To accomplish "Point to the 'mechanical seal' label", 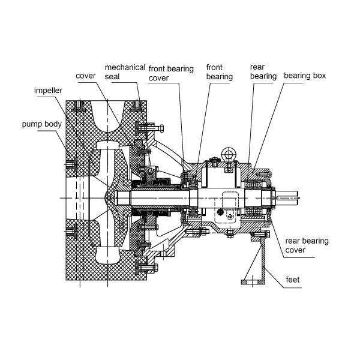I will pos(125,72).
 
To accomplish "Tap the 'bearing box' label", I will pos(305,76).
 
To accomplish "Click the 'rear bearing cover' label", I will pos(307,245).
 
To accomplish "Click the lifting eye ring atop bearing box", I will pos(229,154).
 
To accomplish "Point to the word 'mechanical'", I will pos(125,67).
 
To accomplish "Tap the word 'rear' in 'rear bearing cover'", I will pos(293,241).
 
